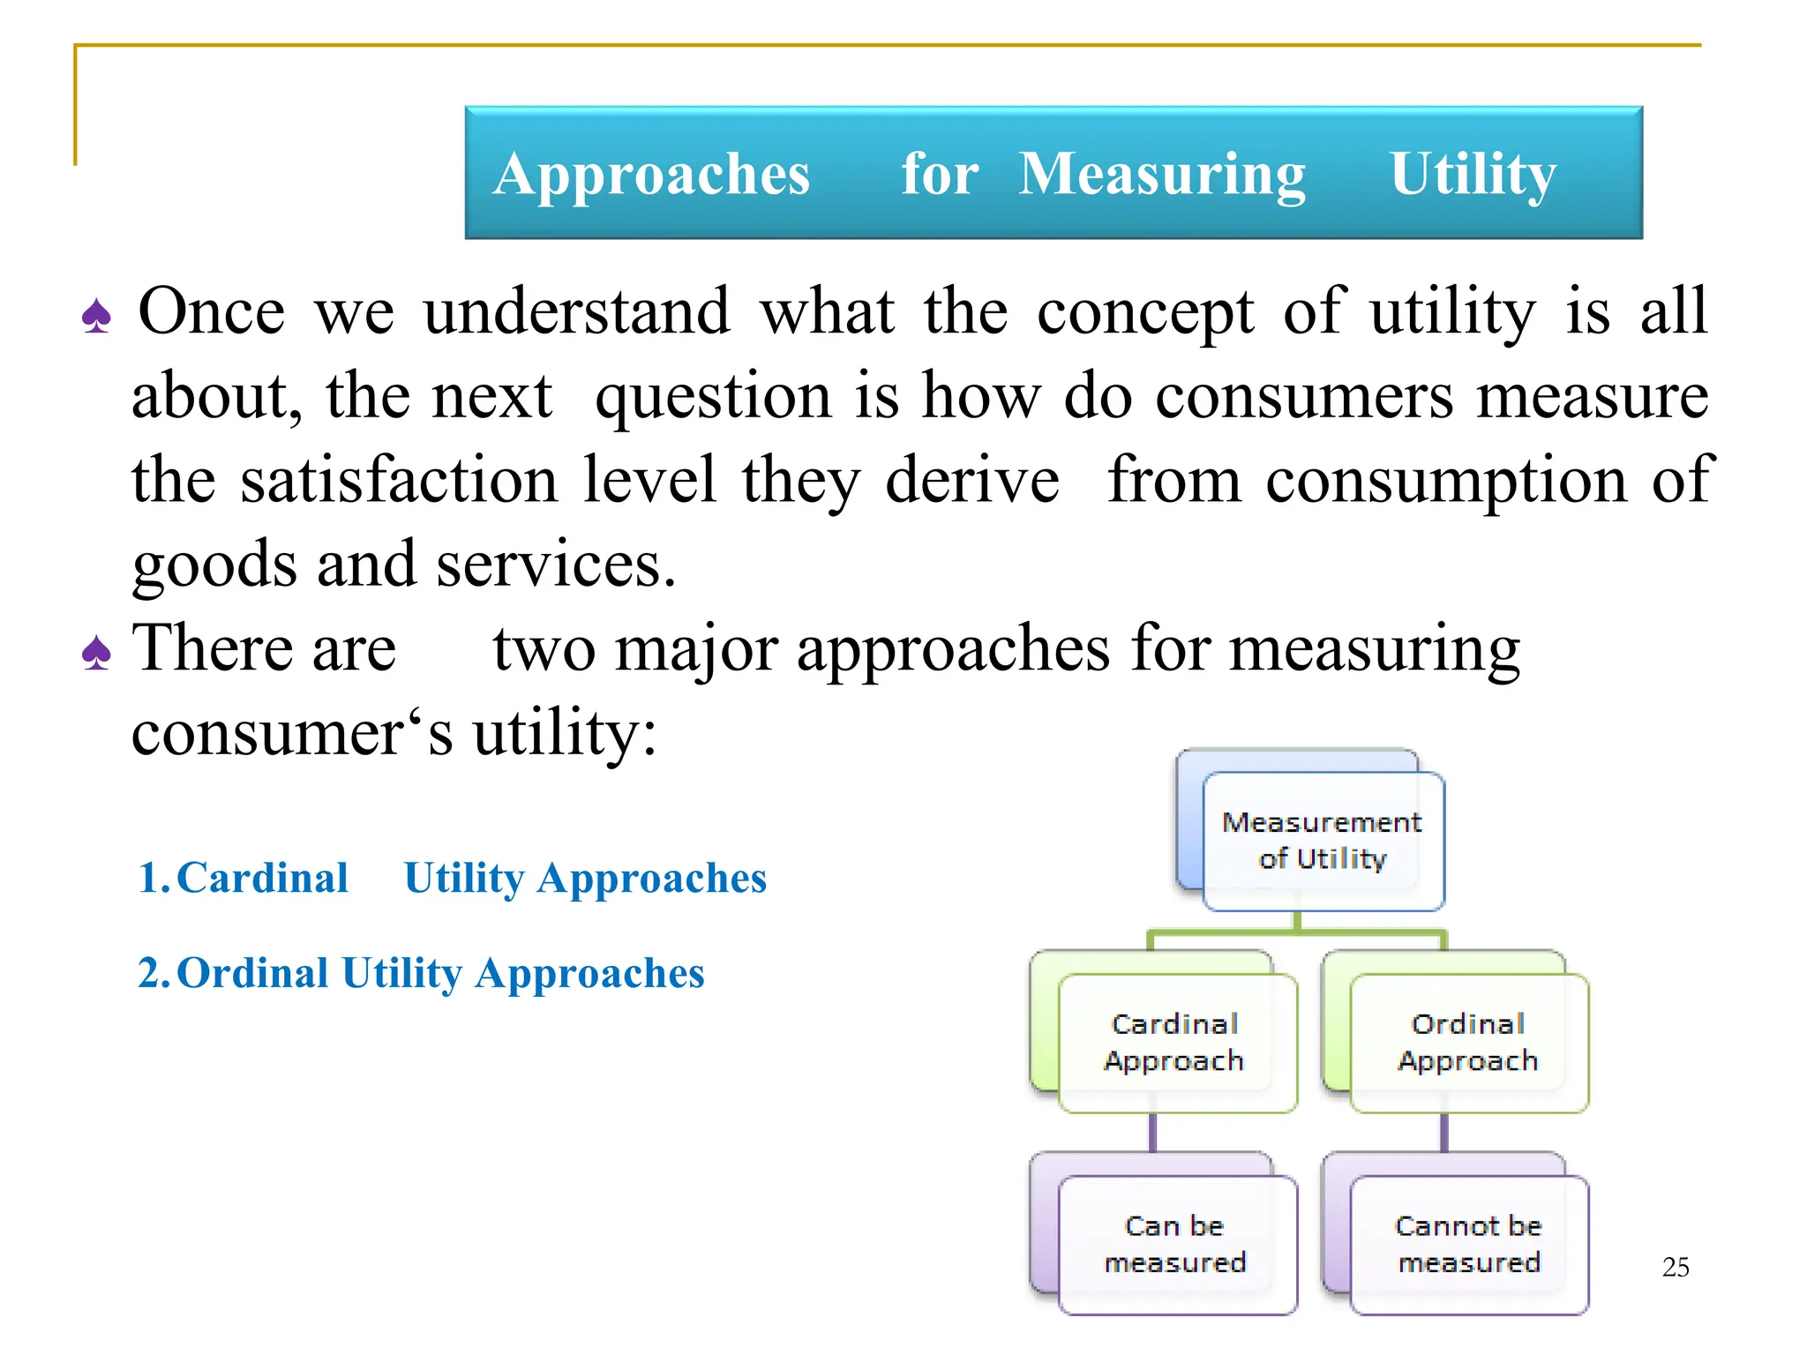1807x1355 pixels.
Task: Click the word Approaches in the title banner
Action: pos(651,174)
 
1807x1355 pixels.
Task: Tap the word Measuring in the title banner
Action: pos(1162,174)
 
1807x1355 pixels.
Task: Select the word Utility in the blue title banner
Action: pos(1473,174)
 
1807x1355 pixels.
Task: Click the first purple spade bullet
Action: pos(96,317)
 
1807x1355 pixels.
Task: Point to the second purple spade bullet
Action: pos(96,654)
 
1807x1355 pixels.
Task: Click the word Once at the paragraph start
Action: pos(212,311)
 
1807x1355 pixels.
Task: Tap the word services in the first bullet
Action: pos(556,565)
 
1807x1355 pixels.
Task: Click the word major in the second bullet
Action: pos(696,649)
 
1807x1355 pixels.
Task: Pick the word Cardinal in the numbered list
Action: pos(262,879)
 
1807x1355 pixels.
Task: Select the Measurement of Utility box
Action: pos(1322,840)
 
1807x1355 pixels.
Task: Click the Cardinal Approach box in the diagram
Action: pos(1175,1042)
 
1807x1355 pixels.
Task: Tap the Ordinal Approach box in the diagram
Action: pos(1468,1042)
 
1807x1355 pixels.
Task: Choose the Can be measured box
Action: pos(1175,1244)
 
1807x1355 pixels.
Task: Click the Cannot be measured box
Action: pos(1468,1244)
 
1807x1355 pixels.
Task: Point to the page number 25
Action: pos(1675,1268)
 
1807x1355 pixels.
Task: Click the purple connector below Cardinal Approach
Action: pos(1152,1133)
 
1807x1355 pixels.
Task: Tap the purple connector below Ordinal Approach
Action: pos(1444,1133)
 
